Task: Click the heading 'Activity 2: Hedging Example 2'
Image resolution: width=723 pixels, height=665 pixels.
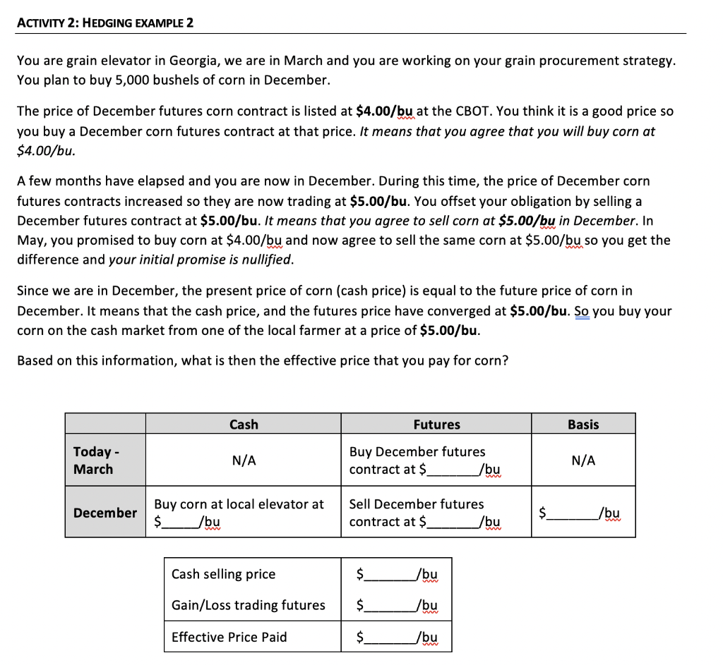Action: pos(105,22)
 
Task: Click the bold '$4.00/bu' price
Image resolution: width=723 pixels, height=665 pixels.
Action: pos(385,111)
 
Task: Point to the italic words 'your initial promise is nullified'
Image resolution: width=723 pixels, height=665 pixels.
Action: pos(200,259)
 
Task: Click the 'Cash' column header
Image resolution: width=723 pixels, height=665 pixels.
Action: pos(244,425)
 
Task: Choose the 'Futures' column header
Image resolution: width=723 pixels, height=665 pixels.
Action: pos(436,425)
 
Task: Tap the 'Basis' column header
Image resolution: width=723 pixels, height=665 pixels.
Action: pos(583,425)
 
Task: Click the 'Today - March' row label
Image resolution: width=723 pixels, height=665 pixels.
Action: pos(94,460)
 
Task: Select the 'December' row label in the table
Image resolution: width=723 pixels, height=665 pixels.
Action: pos(105,513)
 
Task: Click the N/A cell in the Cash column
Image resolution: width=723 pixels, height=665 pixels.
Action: pos(244,460)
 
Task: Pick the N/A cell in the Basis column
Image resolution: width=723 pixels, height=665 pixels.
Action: pos(583,460)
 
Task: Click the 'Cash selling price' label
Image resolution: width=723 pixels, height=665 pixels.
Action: pos(223,574)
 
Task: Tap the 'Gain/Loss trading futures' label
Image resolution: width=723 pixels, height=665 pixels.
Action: pos(248,605)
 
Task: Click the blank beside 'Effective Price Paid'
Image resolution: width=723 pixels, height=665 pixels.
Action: pos(390,637)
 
